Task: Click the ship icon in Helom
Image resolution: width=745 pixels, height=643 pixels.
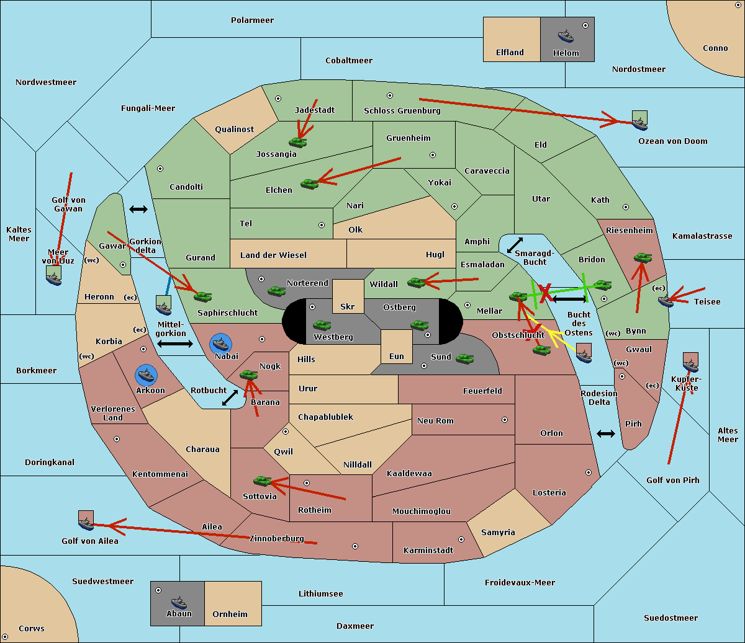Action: click(565, 35)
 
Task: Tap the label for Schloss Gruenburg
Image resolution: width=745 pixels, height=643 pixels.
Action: click(402, 111)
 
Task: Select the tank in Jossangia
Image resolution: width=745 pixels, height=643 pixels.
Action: click(298, 142)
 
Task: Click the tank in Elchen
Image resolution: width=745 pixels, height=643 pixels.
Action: click(309, 184)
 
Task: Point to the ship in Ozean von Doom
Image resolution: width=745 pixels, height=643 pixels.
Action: click(639, 123)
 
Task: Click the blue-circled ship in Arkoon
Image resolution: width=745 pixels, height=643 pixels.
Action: click(147, 375)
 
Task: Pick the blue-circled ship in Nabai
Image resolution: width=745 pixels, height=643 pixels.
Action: click(221, 344)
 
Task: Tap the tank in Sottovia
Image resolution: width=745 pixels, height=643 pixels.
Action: click(263, 481)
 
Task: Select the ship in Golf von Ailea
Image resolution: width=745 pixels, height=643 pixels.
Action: click(86, 523)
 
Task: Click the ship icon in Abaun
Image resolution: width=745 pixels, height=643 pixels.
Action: click(178, 602)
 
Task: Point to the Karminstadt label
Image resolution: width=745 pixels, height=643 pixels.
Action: click(428, 551)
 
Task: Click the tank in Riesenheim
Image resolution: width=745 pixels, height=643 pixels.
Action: click(643, 257)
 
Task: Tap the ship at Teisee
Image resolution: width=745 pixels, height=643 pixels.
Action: click(666, 301)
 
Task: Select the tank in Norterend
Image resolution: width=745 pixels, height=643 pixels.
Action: click(276, 291)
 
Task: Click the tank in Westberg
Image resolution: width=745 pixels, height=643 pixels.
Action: click(322, 325)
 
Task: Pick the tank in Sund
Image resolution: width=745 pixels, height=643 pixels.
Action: click(465, 358)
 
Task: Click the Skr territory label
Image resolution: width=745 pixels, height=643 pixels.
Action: click(348, 307)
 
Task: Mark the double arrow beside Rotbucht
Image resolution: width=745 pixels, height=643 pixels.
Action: click(230, 397)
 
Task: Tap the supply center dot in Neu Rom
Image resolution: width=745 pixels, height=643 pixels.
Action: click(505, 420)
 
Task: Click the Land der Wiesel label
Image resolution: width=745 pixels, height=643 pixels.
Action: click(273, 255)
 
